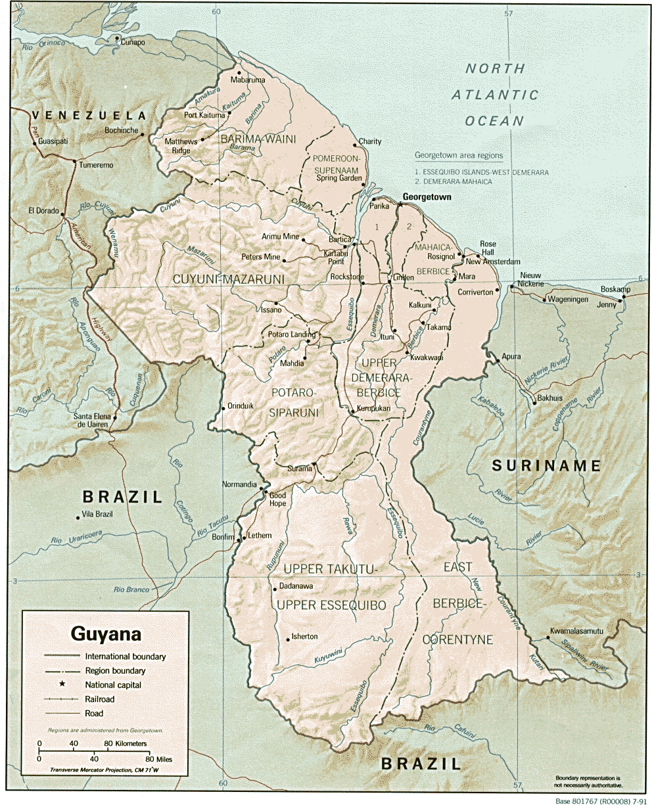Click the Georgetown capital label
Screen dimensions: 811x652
[427, 197]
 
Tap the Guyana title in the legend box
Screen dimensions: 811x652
[106, 634]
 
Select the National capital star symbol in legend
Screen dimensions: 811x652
[63, 684]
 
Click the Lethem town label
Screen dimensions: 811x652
[260, 535]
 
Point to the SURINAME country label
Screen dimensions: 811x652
[547, 466]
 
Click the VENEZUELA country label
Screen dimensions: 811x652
[89, 115]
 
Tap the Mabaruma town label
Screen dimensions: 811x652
[248, 80]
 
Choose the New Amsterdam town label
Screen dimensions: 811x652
[492, 262]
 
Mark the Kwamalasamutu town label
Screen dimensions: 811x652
[576, 631]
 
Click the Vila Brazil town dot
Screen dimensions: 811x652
[78, 518]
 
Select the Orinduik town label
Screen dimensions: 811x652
[241, 405]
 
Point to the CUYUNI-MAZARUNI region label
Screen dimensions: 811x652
[228, 279]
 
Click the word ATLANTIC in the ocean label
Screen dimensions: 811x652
[495, 95]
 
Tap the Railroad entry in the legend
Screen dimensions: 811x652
[99, 699]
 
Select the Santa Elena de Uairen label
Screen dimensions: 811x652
[91, 421]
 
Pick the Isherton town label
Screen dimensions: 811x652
[304, 636]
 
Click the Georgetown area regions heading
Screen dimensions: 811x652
[458, 156]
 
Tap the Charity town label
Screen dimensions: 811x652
[370, 141]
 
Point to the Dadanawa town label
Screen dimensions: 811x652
[296, 586]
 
